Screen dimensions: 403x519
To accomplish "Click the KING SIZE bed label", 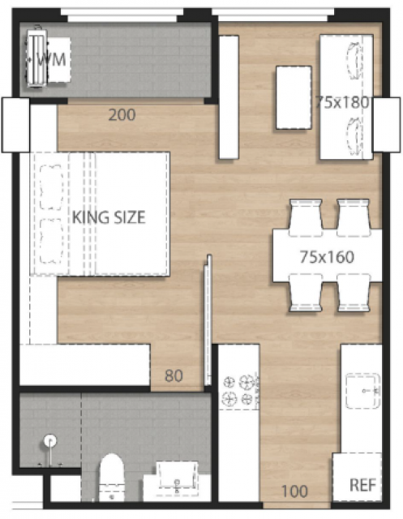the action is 109,217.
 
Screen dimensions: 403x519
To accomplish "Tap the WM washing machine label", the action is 51,59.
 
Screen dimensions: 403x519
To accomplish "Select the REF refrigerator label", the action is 363,485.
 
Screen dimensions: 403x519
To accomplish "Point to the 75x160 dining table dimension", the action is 327,257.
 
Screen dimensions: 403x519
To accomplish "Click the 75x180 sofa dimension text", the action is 342,102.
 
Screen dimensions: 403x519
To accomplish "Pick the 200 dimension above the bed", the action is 122,115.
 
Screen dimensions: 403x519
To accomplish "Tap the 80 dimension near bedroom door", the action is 174,375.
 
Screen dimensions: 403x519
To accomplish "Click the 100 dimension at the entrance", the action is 295,491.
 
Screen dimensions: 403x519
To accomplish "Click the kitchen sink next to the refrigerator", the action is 362,391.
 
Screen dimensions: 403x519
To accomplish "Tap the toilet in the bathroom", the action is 112,477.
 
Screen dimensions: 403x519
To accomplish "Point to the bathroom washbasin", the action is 177,477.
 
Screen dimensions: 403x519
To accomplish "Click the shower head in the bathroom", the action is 50,441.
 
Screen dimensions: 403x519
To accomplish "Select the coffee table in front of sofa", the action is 294,97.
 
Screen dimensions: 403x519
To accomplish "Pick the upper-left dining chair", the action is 305,217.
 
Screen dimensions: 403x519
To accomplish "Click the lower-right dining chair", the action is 354,293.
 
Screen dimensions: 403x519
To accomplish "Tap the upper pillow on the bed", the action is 51,187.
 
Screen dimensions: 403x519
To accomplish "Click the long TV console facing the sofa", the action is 229,97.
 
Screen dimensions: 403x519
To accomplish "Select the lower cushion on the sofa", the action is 354,136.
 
